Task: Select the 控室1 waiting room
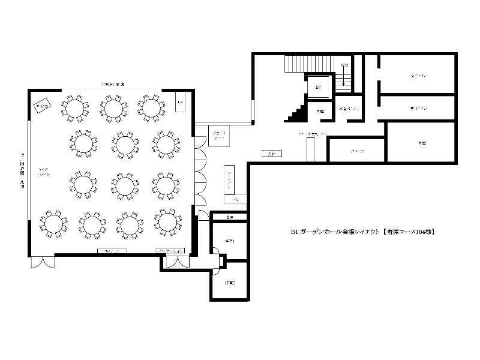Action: pos(229,241)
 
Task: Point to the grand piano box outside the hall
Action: pos(216,134)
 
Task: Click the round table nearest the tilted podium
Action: pos(74,108)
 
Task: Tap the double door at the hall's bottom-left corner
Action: pos(42,262)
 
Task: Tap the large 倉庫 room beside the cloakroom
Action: pos(421,142)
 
